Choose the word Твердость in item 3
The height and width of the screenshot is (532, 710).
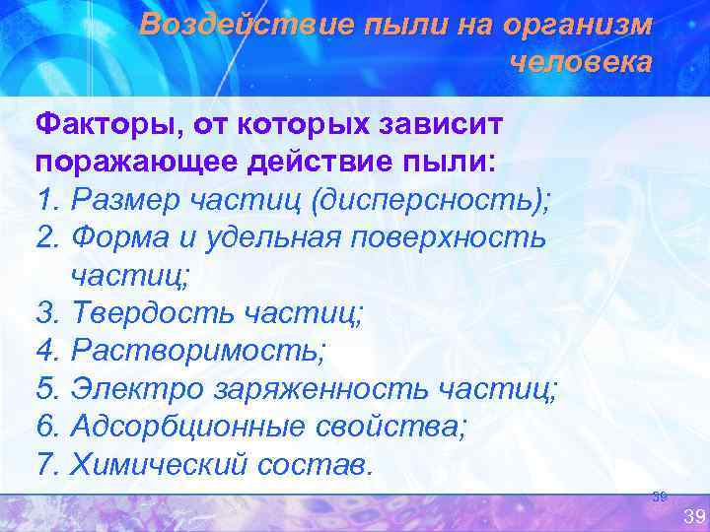click(x=147, y=314)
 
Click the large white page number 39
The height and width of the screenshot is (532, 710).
click(x=694, y=516)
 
